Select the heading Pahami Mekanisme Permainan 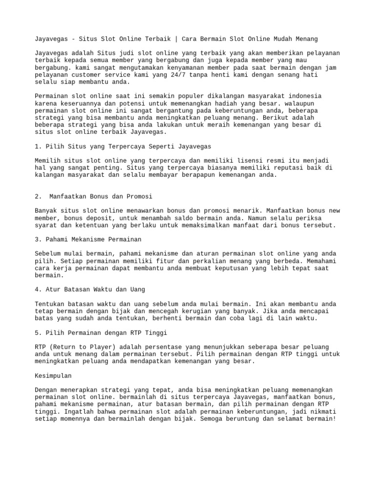[88, 239]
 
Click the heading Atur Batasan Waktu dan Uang [90, 290]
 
